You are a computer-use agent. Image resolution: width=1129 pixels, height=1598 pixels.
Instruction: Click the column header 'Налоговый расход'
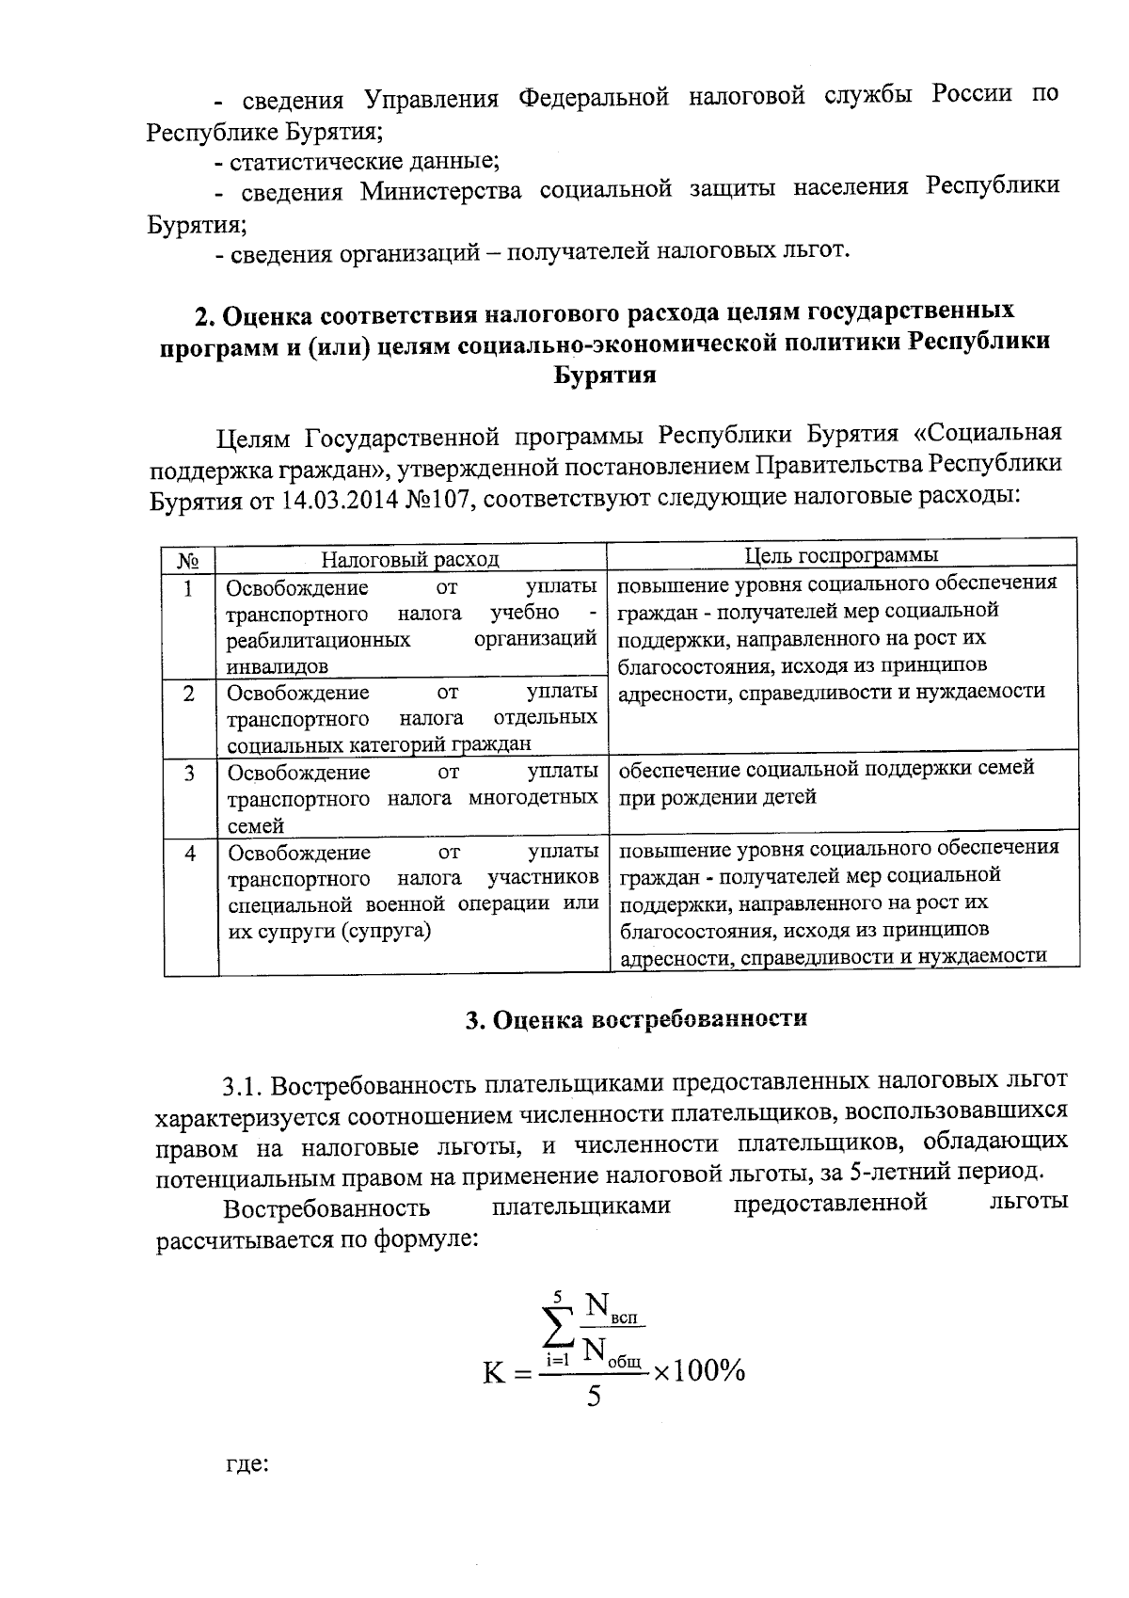(410, 559)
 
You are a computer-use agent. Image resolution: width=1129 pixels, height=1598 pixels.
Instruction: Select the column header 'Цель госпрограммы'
(841, 555)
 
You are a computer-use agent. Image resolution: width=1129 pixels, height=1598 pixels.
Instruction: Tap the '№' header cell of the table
(188, 561)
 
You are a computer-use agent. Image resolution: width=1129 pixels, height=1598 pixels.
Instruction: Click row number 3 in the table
(189, 774)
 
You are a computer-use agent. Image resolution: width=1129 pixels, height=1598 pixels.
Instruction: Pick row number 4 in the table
(190, 854)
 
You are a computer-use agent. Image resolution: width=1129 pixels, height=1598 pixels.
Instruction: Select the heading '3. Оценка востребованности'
(637, 1019)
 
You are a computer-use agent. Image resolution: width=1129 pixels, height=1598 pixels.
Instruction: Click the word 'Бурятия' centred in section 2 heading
(602, 375)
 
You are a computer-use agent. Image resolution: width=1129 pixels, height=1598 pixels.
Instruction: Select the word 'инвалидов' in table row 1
(278, 666)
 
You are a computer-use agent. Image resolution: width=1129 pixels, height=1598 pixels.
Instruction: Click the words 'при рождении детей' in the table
(716, 796)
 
